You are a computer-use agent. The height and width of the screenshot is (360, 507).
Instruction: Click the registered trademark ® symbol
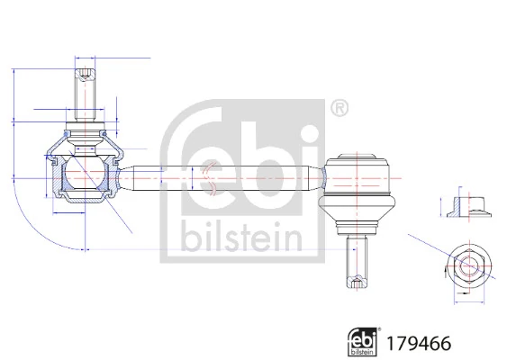pyautogui.click(x=339, y=109)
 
